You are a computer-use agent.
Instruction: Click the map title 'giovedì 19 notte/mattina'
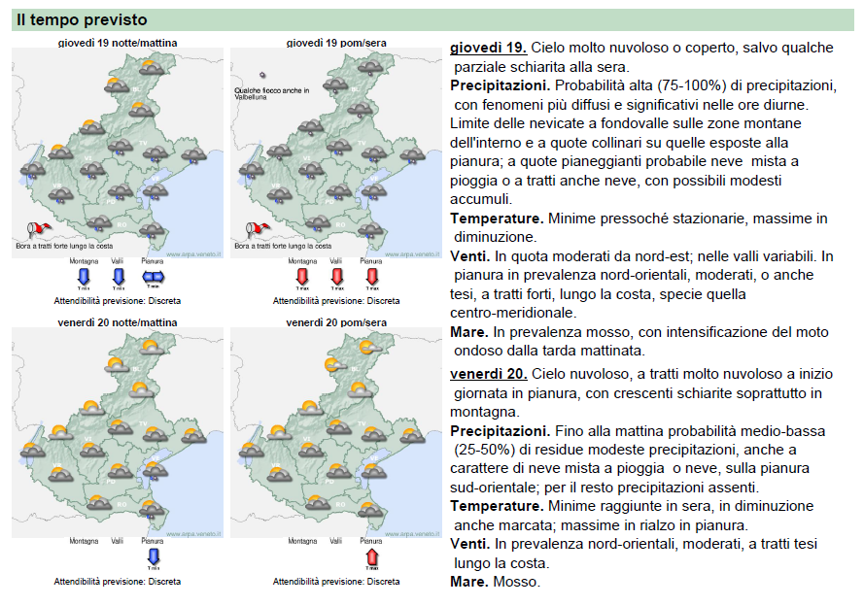click(x=118, y=43)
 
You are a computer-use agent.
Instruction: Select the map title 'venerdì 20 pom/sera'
click(x=335, y=321)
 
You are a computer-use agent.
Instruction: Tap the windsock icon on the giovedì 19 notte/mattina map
click(x=39, y=229)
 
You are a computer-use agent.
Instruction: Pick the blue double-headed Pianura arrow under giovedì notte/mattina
click(x=153, y=278)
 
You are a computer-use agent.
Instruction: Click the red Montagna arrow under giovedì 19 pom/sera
click(x=302, y=278)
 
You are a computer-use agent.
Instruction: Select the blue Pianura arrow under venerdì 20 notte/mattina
click(x=153, y=556)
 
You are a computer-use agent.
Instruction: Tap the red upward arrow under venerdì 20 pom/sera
click(x=371, y=556)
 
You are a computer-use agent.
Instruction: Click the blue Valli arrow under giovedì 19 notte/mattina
click(x=119, y=278)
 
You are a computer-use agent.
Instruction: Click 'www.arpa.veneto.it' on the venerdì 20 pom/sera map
click(x=413, y=533)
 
